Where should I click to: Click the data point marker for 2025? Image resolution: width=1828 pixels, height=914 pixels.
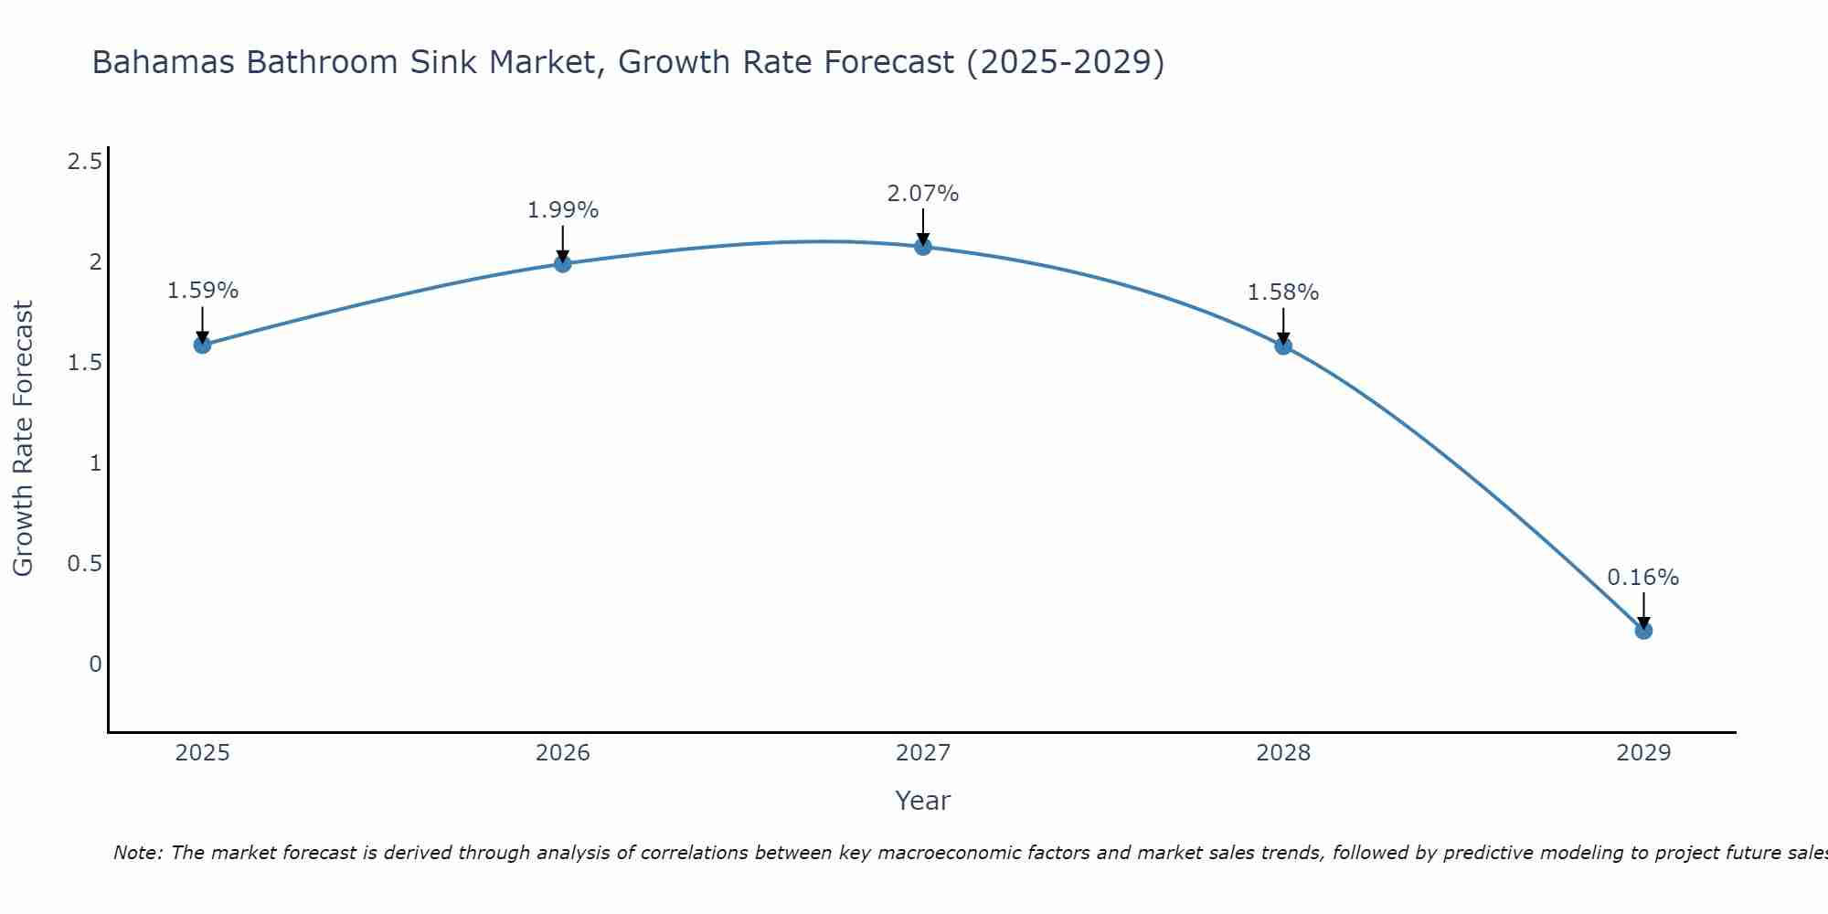click(203, 345)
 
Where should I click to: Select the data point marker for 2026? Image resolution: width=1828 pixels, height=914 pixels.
click(563, 264)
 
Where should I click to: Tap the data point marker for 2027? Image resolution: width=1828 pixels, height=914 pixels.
click(923, 247)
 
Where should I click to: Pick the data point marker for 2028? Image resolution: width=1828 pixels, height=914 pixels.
click(1283, 345)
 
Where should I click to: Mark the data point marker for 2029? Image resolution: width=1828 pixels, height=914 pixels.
click(1643, 631)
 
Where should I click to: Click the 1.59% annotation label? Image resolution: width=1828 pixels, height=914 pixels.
click(203, 291)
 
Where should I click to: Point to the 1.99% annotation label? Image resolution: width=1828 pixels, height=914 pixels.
click(563, 210)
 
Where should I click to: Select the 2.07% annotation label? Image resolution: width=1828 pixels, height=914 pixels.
click(923, 194)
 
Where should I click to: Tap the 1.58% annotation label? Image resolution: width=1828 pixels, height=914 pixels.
click(1283, 292)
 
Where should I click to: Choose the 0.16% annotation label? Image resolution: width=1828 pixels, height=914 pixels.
click(1643, 578)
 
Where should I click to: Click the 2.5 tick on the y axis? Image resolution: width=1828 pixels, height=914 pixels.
click(84, 163)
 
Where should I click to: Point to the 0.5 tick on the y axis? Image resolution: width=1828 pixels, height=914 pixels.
click(84, 564)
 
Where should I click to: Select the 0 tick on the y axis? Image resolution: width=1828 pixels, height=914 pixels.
click(95, 664)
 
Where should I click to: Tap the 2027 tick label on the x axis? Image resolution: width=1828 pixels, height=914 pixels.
click(923, 753)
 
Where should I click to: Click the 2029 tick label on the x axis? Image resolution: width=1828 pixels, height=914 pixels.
click(1643, 753)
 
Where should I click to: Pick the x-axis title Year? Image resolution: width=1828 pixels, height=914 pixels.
click(923, 801)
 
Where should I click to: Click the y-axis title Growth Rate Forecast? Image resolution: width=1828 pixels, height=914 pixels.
click(24, 439)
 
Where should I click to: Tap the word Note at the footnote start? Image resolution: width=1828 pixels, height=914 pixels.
click(137, 853)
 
